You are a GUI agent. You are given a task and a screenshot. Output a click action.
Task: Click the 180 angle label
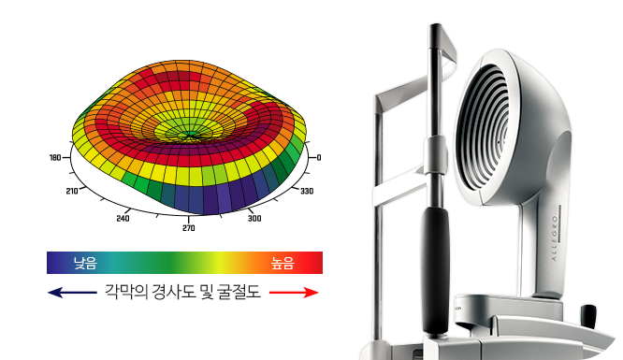55,158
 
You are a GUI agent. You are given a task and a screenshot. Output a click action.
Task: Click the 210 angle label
72,191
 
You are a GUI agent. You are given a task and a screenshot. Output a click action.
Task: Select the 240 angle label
123,218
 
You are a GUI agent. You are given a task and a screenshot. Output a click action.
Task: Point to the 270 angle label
189,227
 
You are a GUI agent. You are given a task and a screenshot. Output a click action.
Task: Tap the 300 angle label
254,218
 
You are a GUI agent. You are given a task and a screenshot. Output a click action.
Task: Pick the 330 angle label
307,191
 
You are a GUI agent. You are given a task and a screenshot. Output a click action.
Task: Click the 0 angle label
319,158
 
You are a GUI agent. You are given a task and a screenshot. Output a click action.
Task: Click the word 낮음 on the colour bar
85,263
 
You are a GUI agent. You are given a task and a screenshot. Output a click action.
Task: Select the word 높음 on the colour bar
283,263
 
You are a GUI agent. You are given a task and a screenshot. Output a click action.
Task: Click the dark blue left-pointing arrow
72,293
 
